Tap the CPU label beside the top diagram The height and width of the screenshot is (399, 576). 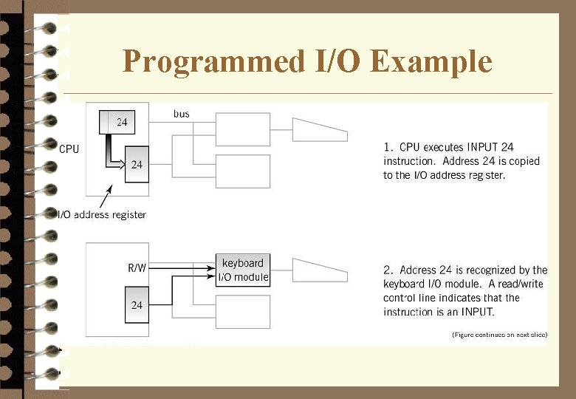(69, 149)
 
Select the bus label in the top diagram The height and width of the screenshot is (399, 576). (182, 114)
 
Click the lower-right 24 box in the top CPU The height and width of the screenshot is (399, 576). (137, 165)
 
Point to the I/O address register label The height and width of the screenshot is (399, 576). (103, 215)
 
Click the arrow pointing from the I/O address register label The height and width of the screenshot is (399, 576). (105, 198)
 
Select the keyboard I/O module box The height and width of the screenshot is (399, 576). (243, 270)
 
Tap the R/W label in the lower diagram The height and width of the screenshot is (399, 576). (137, 268)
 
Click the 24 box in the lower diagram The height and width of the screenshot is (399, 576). (137, 304)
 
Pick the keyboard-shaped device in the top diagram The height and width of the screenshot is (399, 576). (319, 129)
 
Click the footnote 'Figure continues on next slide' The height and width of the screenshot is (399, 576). (499, 335)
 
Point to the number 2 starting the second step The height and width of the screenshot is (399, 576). (388, 270)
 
